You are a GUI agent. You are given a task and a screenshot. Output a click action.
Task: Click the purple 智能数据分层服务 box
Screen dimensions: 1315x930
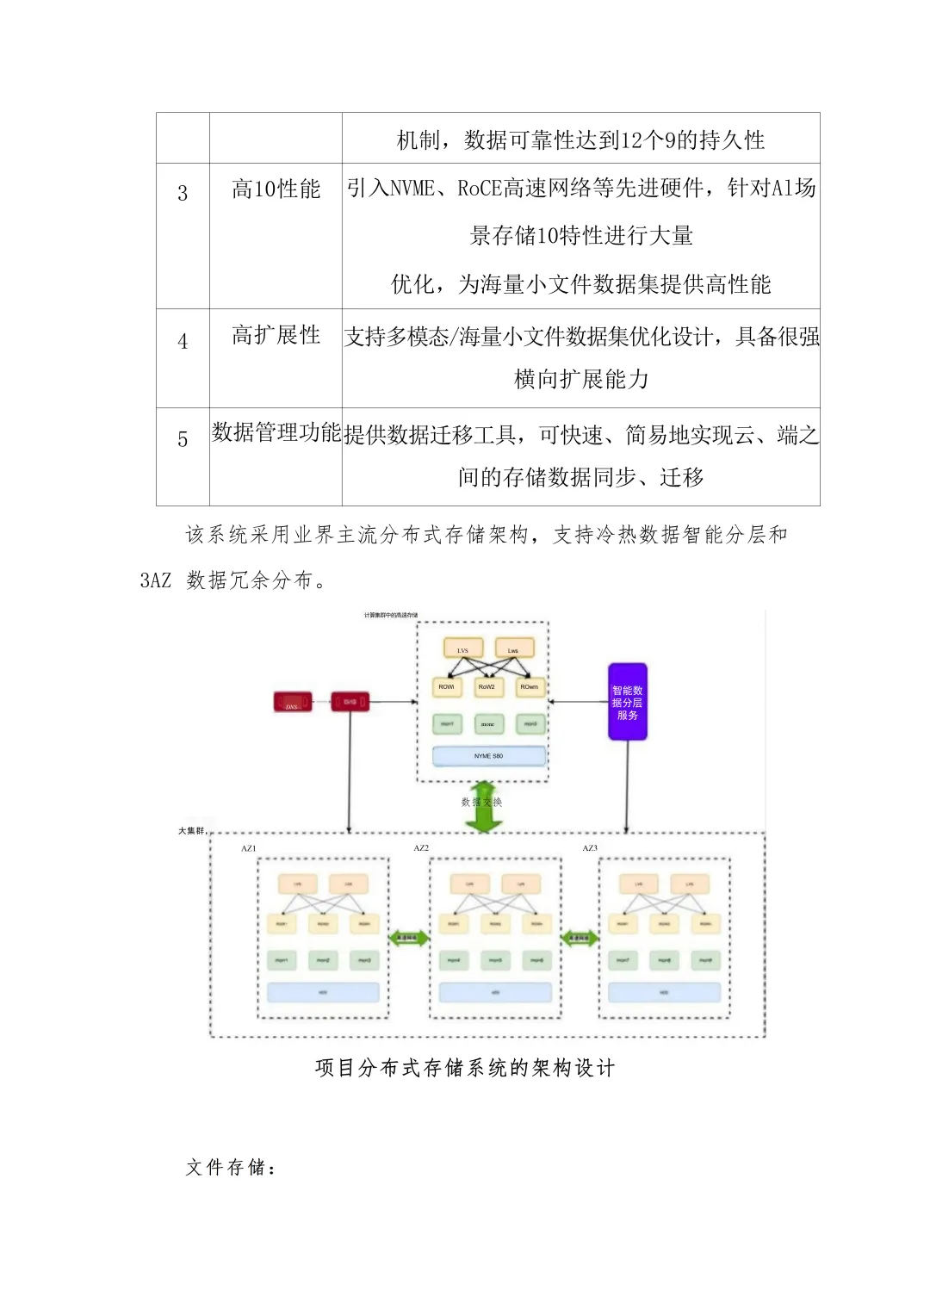click(627, 702)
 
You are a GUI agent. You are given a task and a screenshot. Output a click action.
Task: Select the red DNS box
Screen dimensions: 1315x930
click(292, 702)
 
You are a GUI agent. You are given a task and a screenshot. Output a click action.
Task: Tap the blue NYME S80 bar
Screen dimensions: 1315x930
click(488, 756)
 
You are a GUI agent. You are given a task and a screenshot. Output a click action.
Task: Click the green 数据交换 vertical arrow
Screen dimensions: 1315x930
click(483, 807)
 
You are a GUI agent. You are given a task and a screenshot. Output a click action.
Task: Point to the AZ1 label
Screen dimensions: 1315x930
click(248, 848)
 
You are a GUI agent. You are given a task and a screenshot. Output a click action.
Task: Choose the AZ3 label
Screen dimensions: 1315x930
click(590, 848)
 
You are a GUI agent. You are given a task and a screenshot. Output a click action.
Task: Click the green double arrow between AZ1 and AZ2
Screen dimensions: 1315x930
click(409, 938)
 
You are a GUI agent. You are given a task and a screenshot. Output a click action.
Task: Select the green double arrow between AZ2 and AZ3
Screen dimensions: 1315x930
click(580, 938)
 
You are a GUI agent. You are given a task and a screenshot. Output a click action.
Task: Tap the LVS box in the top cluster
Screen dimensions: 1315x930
click(462, 648)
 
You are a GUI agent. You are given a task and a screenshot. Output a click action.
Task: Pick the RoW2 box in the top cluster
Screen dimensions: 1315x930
click(487, 687)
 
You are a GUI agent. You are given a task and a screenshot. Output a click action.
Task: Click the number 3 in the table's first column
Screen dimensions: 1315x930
click(183, 193)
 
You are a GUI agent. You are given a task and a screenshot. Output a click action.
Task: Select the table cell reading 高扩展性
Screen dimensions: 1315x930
click(276, 335)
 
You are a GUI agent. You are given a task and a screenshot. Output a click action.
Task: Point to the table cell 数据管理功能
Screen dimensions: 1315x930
click(276, 432)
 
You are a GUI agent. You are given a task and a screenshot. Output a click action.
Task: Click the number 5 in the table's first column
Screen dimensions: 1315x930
click(183, 439)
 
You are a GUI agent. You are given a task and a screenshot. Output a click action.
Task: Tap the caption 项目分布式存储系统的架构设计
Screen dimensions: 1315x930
click(465, 1068)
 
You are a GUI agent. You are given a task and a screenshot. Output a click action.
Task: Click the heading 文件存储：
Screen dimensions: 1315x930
click(232, 1168)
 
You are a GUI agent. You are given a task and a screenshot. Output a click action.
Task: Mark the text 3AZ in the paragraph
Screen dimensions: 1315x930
click(156, 580)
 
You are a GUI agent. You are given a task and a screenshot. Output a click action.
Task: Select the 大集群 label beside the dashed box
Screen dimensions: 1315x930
click(191, 831)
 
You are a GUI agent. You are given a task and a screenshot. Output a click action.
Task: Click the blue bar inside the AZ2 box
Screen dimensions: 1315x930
click(495, 993)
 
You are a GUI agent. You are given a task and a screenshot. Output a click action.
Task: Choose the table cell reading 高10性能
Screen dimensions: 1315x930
click(276, 189)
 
